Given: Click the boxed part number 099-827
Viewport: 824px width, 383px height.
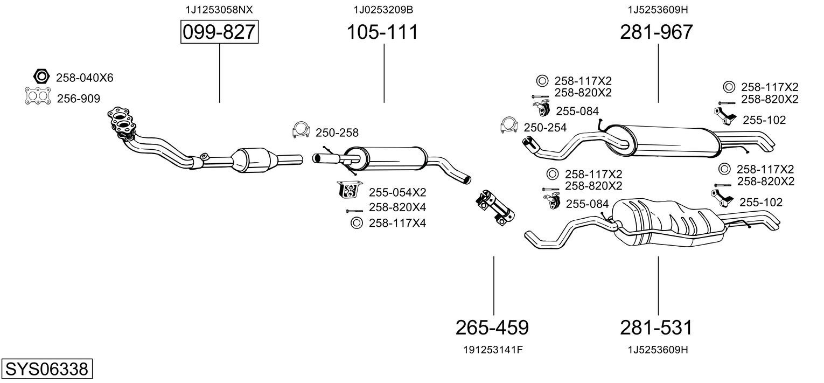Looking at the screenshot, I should [x=219, y=32].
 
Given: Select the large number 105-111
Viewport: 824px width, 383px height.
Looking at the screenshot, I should [x=382, y=32].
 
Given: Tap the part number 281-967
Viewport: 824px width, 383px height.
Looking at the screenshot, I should [x=657, y=32].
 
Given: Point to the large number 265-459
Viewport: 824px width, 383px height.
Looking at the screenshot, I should [x=492, y=327].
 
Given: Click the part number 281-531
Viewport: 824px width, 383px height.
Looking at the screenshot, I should [x=656, y=327].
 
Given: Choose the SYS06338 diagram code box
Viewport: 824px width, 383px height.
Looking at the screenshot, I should [x=46, y=370].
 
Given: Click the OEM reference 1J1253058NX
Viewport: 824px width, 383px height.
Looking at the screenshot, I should [x=219, y=9].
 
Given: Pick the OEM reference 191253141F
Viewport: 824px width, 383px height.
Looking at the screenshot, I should [x=493, y=350].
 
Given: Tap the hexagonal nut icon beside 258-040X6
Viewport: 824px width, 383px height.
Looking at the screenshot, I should [x=41, y=77].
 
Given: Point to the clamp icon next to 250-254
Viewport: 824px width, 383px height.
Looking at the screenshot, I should [x=508, y=125].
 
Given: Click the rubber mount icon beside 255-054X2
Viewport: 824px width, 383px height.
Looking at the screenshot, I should [x=348, y=190].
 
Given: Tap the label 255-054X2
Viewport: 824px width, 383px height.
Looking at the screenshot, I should [x=397, y=192].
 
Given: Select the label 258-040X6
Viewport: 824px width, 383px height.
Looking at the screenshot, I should [x=85, y=78].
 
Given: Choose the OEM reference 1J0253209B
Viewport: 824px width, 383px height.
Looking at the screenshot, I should [x=383, y=9].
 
